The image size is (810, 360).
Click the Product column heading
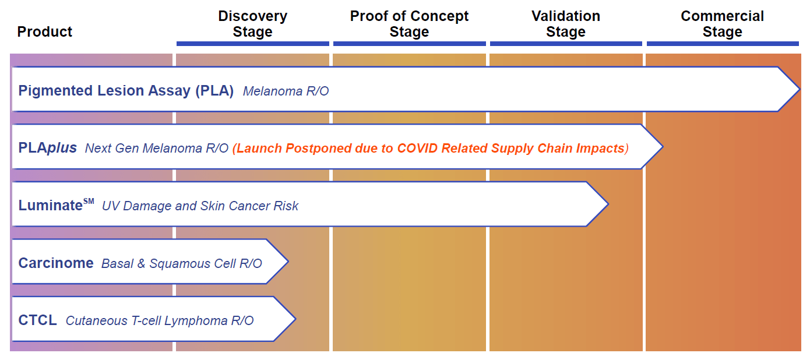45,31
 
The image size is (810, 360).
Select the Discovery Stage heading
252,24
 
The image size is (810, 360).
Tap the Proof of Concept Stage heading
409,24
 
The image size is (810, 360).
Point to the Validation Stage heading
565,24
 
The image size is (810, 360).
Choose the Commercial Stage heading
722,24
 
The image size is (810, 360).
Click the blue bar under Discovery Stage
252,44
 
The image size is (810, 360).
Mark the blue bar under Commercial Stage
722,44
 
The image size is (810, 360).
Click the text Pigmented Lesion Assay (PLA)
126,90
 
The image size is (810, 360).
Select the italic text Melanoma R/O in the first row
286,91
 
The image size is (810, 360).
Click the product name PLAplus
48,148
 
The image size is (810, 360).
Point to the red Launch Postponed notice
430,149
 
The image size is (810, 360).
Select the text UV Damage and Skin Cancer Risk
200,206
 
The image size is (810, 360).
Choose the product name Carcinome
56,263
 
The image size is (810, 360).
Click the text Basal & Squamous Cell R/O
182,263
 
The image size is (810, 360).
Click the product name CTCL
38,320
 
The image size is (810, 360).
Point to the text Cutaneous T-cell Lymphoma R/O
160,320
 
